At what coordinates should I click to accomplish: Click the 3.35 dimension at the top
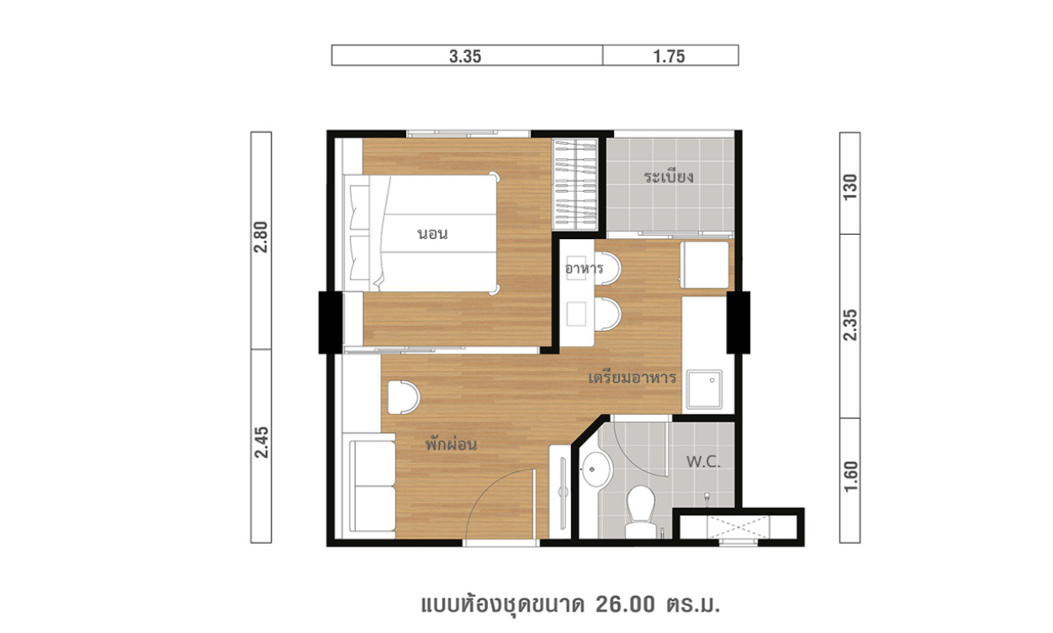[465, 56]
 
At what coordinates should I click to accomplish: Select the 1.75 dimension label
[669, 56]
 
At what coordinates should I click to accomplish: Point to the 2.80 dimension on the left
[261, 237]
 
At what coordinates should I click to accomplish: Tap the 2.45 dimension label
[261, 442]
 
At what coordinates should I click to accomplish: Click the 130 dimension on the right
[850, 187]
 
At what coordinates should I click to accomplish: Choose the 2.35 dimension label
[850, 325]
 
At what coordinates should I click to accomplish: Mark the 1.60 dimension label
[850, 476]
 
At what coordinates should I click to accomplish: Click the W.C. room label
[703, 461]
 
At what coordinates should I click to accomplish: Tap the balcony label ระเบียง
[669, 177]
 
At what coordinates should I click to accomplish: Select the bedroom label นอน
[432, 233]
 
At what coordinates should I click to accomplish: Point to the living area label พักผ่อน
[451, 444]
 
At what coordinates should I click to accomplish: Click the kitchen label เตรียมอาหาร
[632, 377]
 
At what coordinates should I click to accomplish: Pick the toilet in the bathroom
[641, 512]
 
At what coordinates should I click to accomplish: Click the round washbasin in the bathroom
[595, 469]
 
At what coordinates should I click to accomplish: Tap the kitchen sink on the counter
[704, 390]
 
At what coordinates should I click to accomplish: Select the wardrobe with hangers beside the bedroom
[575, 184]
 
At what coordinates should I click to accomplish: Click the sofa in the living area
[373, 487]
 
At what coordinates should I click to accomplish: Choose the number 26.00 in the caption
[625, 604]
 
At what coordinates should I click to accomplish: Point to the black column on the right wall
[738, 322]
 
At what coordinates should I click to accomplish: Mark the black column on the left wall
[331, 322]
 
